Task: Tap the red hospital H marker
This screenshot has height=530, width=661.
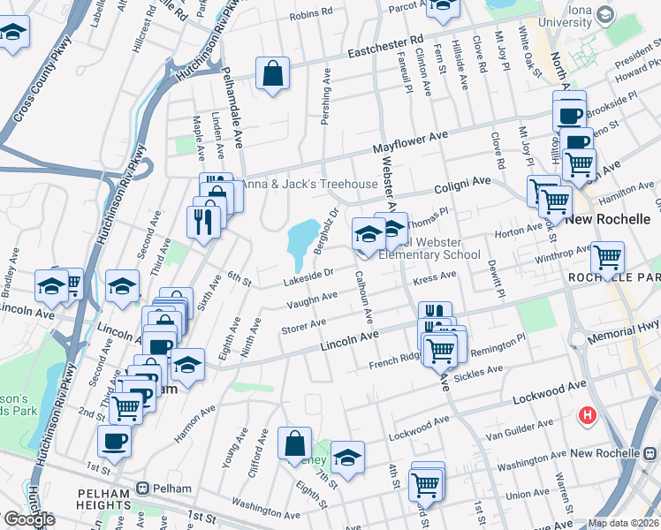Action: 587,414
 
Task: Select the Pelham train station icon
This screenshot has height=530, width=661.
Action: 143,488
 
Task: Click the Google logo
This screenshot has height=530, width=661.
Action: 29,519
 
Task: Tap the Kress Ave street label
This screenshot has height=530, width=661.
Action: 434,279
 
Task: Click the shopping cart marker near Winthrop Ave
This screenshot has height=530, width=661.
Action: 607,257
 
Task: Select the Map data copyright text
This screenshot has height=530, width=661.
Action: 624,523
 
